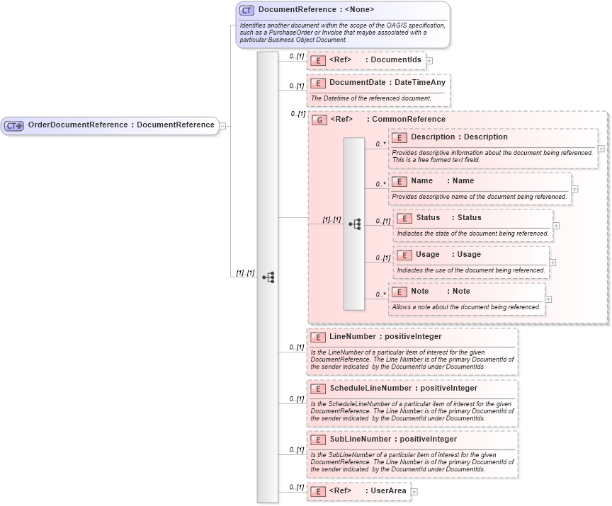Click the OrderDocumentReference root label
pos(120,125)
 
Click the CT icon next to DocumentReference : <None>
pos(246,10)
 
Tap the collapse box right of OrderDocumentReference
pos(223,125)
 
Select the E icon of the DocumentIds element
pos(318,60)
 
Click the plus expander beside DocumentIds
pos(429,61)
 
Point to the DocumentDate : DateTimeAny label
pos(387,83)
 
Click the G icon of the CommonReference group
pos(319,120)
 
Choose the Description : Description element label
pos(459,137)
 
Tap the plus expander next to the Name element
pos(574,189)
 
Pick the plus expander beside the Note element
pos(548,299)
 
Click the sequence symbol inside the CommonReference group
pos(355,224)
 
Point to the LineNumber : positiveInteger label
pos(385,337)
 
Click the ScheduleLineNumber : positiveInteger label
pos(403,389)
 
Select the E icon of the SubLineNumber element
pos(318,439)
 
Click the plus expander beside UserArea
pos(414,492)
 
